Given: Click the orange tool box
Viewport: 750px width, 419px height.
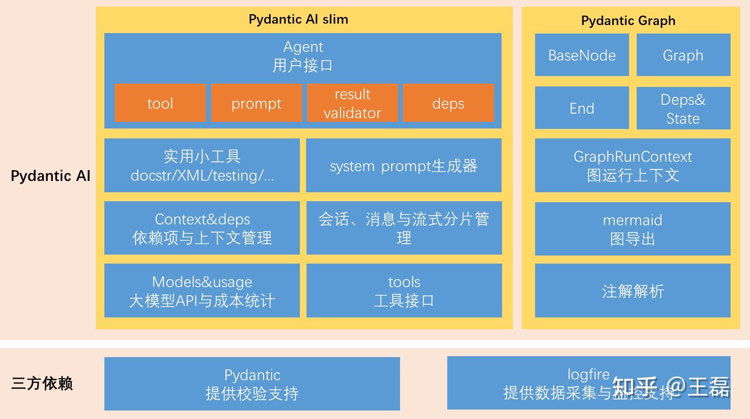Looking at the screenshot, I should click(x=160, y=103).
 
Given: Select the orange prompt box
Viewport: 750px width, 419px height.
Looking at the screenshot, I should click(x=256, y=103).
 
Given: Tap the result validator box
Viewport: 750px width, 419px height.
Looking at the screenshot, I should click(x=352, y=103).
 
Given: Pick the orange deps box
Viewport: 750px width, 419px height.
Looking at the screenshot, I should click(x=448, y=103).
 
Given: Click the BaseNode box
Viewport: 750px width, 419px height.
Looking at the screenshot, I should click(x=582, y=55).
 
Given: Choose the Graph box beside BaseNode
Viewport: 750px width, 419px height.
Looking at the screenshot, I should click(x=683, y=55).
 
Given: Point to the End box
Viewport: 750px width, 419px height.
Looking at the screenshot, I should click(x=582, y=108).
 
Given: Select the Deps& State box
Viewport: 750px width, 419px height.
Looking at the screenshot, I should click(x=683, y=108).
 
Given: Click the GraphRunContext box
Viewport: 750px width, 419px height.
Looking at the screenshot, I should click(x=632, y=165).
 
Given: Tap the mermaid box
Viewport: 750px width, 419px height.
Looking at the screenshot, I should click(x=632, y=229).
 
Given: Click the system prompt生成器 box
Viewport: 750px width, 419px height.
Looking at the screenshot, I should click(x=403, y=165).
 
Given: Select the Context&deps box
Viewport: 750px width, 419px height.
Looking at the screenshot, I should click(x=202, y=228).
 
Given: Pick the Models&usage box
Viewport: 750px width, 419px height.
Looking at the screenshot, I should click(x=202, y=291).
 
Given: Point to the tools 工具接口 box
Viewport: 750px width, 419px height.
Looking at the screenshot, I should click(x=404, y=291).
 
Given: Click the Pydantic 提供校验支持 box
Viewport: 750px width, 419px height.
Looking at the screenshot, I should click(x=252, y=384).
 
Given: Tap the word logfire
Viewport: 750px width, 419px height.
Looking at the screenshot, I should click(x=588, y=374).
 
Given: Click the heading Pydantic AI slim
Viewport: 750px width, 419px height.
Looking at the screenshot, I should click(x=298, y=19).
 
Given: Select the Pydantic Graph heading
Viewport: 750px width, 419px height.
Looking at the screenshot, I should click(x=628, y=21).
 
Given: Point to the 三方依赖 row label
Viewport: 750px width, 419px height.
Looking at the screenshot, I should click(x=42, y=383).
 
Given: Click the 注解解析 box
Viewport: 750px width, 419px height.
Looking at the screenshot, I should click(x=632, y=291).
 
